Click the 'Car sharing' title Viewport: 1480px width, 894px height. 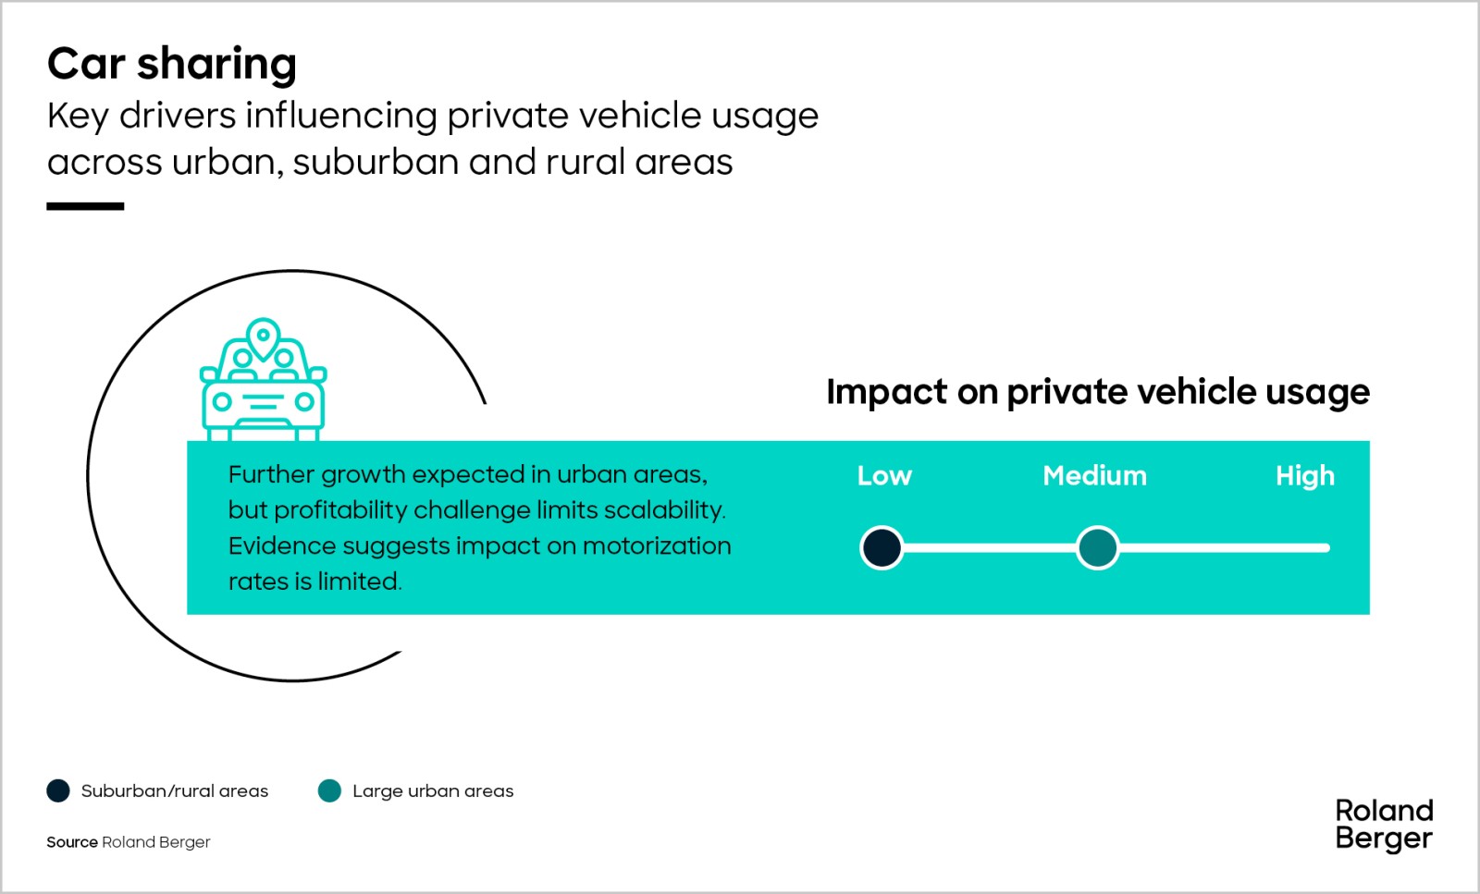172,65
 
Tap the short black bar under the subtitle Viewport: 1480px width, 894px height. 85,207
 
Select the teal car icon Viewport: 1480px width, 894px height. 263,380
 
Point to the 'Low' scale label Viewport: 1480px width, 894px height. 884,476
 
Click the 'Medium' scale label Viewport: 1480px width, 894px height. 1095,476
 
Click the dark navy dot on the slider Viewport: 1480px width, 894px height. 882,547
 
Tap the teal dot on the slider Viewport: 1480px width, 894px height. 1097,547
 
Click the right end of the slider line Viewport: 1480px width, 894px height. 1327,547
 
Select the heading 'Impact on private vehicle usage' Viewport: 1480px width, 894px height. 1098,393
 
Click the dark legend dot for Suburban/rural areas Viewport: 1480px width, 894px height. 58,790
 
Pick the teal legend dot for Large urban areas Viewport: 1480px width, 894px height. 329,790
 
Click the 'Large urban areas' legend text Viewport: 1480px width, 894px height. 433,791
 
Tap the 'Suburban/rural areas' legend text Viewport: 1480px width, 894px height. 175,791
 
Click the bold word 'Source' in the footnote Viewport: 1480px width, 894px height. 72,842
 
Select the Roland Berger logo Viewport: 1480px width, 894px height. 1384,826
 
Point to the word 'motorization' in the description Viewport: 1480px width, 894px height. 657,546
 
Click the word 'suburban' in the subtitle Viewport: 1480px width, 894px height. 376,163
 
